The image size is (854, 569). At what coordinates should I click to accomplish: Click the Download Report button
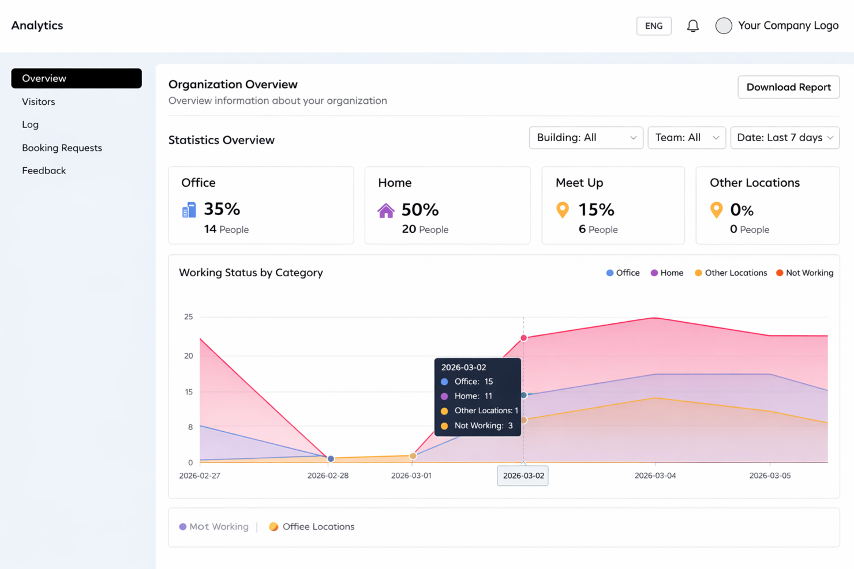(x=788, y=87)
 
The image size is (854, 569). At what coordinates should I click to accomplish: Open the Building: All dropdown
(x=586, y=138)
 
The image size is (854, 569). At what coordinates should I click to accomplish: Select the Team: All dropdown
(x=687, y=138)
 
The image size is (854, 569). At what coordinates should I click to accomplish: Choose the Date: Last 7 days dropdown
(x=785, y=138)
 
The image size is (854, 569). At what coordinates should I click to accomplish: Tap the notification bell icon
(x=692, y=26)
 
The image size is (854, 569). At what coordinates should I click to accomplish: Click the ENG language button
(x=654, y=26)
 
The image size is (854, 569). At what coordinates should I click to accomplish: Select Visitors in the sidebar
(x=39, y=101)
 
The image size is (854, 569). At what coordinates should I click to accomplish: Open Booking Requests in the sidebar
(x=62, y=148)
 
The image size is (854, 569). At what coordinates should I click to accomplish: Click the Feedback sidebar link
(x=44, y=171)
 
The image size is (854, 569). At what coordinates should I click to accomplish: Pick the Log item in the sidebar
(x=30, y=125)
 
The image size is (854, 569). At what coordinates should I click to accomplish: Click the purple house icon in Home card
(x=386, y=210)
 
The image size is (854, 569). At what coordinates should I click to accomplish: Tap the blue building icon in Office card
(x=189, y=210)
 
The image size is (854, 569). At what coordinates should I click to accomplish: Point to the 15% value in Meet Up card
(x=596, y=209)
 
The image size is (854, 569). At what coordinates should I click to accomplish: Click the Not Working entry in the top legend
(x=804, y=273)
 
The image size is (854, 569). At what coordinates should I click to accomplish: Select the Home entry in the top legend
(x=667, y=273)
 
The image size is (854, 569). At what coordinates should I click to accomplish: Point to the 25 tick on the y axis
(x=188, y=316)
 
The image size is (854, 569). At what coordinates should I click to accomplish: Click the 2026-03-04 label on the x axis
(x=655, y=476)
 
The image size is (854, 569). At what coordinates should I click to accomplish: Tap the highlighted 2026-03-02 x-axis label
(x=523, y=476)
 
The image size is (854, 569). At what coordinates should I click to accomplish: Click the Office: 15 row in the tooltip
(x=473, y=382)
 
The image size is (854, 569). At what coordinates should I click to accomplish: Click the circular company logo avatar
(x=724, y=26)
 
